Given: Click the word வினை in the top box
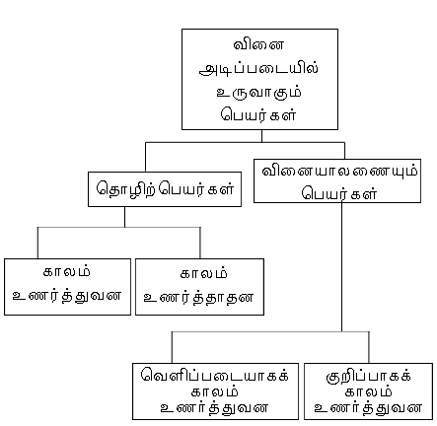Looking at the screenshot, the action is (x=258, y=44).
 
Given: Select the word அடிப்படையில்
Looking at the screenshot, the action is (x=259, y=68).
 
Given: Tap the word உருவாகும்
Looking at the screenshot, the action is (x=259, y=93).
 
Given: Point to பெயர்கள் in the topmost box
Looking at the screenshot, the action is (x=259, y=115).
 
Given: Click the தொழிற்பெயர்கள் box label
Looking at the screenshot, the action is (x=165, y=189).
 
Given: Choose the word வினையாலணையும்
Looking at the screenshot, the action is (x=339, y=172).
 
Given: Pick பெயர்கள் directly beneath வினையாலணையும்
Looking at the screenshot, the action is (x=339, y=193).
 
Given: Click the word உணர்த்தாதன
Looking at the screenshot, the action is (x=199, y=298).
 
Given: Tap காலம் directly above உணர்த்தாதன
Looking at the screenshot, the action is (x=204, y=274).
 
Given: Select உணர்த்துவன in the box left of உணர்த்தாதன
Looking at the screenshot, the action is (x=67, y=296).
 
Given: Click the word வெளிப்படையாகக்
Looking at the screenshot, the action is (x=215, y=375).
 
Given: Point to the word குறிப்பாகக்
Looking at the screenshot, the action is (x=368, y=376).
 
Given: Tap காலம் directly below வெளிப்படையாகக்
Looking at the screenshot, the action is (x=215, y=391).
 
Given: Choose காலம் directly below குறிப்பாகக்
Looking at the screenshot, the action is (x=368, y=391).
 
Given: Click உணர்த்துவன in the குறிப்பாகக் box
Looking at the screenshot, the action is (x=368, y=408).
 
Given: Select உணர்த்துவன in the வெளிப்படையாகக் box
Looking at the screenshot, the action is (x=215, y=408).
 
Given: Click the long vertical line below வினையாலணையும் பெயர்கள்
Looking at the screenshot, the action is (x=341, y=267).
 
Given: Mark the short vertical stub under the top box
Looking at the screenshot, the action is (x=261, y=136).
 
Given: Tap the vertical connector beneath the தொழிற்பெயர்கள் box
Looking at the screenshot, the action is (x=124, y=217).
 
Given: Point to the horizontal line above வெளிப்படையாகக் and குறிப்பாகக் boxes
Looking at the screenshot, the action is (x=270, y=331).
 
